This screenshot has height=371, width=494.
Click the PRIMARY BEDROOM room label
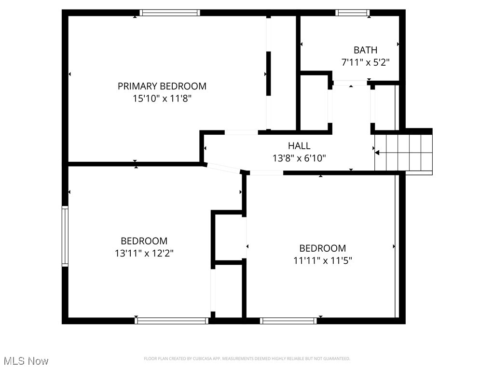coord(162,86)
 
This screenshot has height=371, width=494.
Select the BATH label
coord(365,50)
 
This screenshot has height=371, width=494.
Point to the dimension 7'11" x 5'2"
coord(365,62)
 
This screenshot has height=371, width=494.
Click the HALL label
coord(299,145)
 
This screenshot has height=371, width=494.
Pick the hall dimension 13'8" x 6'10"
coord(299,158)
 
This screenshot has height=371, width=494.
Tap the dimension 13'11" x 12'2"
coord(144,253)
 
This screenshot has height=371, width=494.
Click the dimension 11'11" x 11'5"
coord(323,261)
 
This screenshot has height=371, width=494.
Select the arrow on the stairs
coord(378,153)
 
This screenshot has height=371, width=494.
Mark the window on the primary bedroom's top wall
coord(170,13)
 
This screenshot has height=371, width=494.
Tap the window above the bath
coord(352,13)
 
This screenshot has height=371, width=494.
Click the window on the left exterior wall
coord(65,236)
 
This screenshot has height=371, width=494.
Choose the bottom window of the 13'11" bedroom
coord(172,320)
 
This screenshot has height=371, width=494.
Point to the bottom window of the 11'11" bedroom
coord(288,320)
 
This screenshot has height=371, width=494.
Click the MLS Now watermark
coord(26,361)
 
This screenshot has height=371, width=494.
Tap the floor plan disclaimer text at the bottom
coord(247,358)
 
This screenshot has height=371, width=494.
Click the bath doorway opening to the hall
coord(351,83)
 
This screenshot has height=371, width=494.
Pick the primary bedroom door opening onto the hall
coord(241,132)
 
